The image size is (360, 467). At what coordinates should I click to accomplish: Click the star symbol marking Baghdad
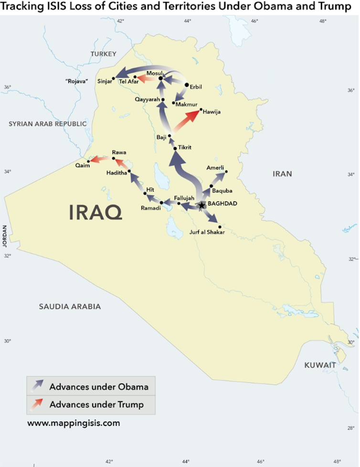(201, 205)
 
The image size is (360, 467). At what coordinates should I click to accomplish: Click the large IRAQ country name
(95, 212)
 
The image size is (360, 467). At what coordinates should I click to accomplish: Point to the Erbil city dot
(187, 85)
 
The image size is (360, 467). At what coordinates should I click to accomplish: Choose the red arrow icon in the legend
(36, 404)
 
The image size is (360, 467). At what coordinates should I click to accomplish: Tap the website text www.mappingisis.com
(74, 423)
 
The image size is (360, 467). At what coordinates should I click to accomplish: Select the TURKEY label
(103, 54)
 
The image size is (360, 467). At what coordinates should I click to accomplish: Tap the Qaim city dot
(88, 161)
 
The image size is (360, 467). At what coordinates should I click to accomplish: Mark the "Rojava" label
(79, 81)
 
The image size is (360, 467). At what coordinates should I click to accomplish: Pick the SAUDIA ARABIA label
(70, 307)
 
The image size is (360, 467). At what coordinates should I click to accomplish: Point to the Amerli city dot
(226, 171)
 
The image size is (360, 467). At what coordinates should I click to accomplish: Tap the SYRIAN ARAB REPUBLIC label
(44, 124)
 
